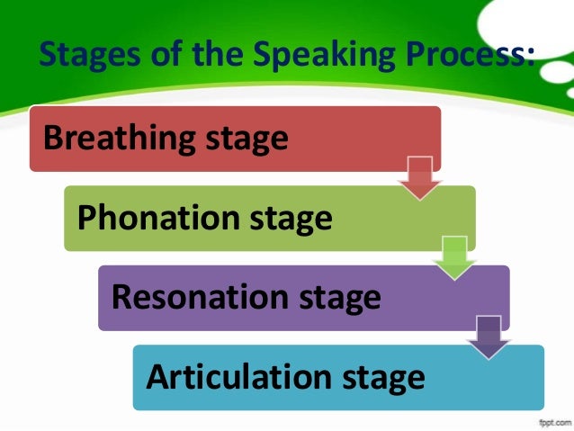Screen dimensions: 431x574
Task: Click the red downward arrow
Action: click(420, 177)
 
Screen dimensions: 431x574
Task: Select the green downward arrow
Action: click(454, 256)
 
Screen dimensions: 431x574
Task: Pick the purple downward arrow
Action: click(489, 337)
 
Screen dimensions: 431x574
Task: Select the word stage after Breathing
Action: click(247, 139)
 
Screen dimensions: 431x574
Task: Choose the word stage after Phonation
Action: click(290, 219)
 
